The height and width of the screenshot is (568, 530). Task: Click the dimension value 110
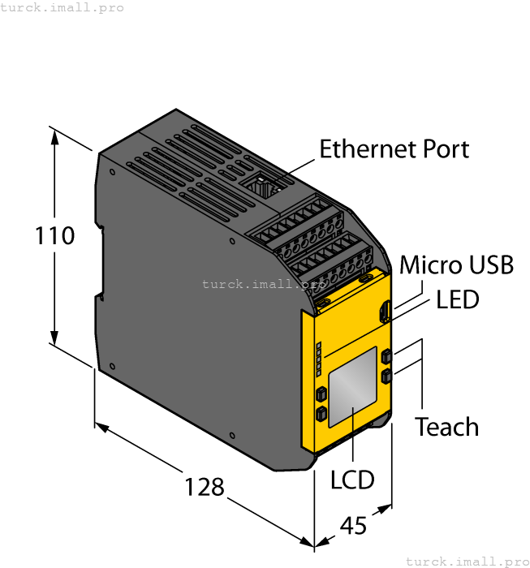pyautogui.click(x=55, y=236)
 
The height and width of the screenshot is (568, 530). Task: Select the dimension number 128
pyautogui.click(x=204, y=487)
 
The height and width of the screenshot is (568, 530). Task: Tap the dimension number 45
pyautogui.click(x=353, y=526)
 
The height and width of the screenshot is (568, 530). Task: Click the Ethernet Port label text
pyautogui.click(x=394, y=149)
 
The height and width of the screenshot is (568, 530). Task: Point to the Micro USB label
pyautogui.click(x=456, y=265)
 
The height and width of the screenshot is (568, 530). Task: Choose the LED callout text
pyautogui.click(x=458, y=299)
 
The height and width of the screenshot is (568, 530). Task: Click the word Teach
pyautogui.click(x=446, y=427)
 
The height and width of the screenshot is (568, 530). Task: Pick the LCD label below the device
pyautogui.click(x=352, y=480)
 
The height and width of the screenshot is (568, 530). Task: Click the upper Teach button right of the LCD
pyautogui.click(x=386, y=356)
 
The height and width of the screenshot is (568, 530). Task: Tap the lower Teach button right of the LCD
pyautogui.click(x=386, y=377)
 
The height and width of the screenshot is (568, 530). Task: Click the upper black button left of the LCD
pyautogui.click(x=321, y=394)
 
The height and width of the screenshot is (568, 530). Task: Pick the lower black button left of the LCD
pyautogui.click(x=321, y=415)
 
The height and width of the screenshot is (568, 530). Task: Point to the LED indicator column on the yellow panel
pyautogui.click(x=318, y=358)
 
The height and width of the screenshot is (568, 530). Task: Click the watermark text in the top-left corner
pyautogui.click(x=62, y=7)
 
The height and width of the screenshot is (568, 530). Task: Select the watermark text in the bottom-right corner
pyautogui.click(x=467, y=561)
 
